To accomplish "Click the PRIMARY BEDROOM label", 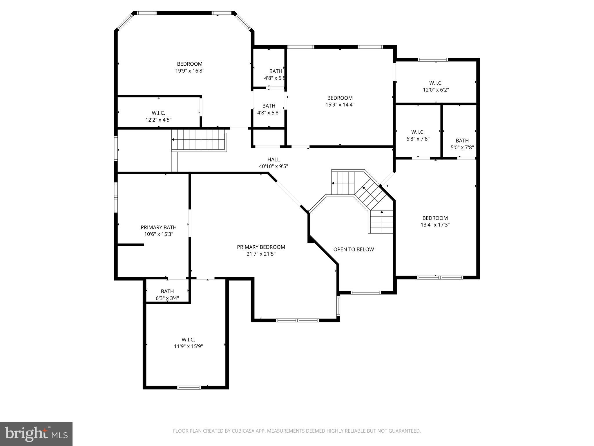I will [261, 247].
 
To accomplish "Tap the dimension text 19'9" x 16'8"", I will [190, 71].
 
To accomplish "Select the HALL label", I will [273, 159].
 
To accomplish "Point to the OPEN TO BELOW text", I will [353, 249].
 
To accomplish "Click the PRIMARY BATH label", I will [158, 227].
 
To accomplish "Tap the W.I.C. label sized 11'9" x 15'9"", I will [188, 339].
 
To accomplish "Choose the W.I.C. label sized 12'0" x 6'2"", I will [436, 83].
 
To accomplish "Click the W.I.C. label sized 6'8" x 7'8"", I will [418, 132].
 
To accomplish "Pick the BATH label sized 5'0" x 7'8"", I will [462, 141].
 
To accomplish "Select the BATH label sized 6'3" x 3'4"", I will [167, 291].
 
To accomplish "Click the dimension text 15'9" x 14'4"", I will [340, 105].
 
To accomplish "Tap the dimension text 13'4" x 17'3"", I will [435, 225].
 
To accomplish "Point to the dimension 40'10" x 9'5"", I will [273, 166].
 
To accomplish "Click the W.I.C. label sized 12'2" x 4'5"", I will [158, 113].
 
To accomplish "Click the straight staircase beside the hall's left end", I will [199, 140].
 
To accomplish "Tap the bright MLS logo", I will [36, 434].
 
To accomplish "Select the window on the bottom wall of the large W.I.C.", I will [189, 387].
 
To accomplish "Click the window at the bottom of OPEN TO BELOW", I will [365, 292].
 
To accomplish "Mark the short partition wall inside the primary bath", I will [131, 245].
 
